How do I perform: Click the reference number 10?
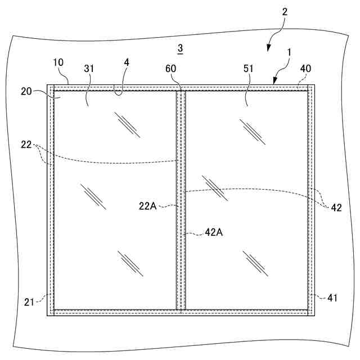point(59,62)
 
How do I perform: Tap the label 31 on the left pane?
point(89,69)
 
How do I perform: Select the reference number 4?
point(127,62)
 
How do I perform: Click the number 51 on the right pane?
point(249,69)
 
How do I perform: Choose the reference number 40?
point(305,69)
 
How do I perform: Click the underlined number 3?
point(179,49)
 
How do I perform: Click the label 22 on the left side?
point(26,144)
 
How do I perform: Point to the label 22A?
point(147,206)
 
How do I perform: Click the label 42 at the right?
point(336,207)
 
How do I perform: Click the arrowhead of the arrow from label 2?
point(268,50)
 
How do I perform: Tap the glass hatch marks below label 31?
point(127,124)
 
